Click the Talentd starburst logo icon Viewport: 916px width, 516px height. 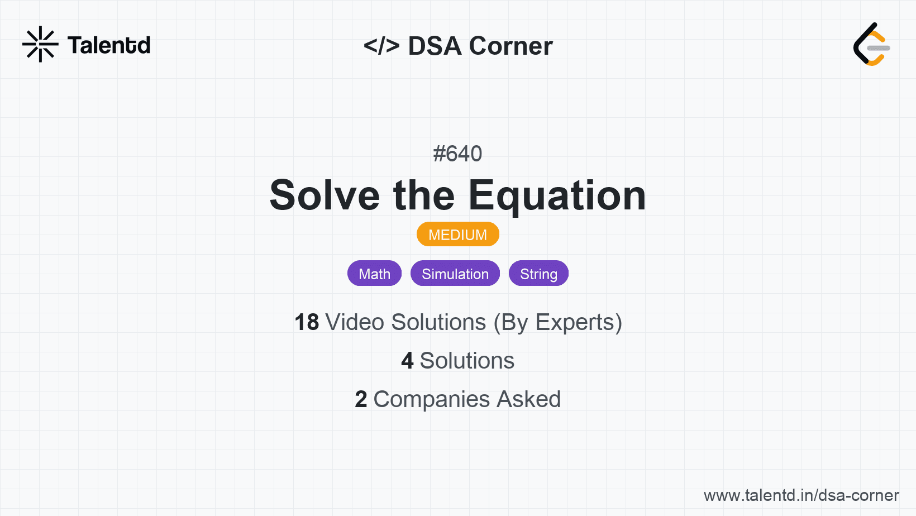pos(40,44)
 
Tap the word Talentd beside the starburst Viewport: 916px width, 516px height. pos(109,45)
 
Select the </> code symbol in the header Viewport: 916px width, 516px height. pos(381,46)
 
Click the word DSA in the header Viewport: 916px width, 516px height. pos(435,46)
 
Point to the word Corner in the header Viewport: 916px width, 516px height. pos(511,46)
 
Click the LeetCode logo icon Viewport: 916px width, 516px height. pos(871,44)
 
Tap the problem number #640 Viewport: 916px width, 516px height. pos(457,154)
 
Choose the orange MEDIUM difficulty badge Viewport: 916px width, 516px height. pos(457,235)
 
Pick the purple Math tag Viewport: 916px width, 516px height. pos(374,273)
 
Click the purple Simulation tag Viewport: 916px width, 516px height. pos(455,273)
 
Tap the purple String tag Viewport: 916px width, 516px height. pos(538,273)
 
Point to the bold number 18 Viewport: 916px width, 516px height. pos(307,322)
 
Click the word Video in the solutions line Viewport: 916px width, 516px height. pos(355,322)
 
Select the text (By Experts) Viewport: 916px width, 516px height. pos(558,323)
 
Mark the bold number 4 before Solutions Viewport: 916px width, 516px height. pos(407,361)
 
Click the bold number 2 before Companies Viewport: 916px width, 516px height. pos(361,399)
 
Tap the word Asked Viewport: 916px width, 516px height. pos(528,399)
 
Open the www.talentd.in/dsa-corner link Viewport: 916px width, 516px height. pos(801,495)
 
